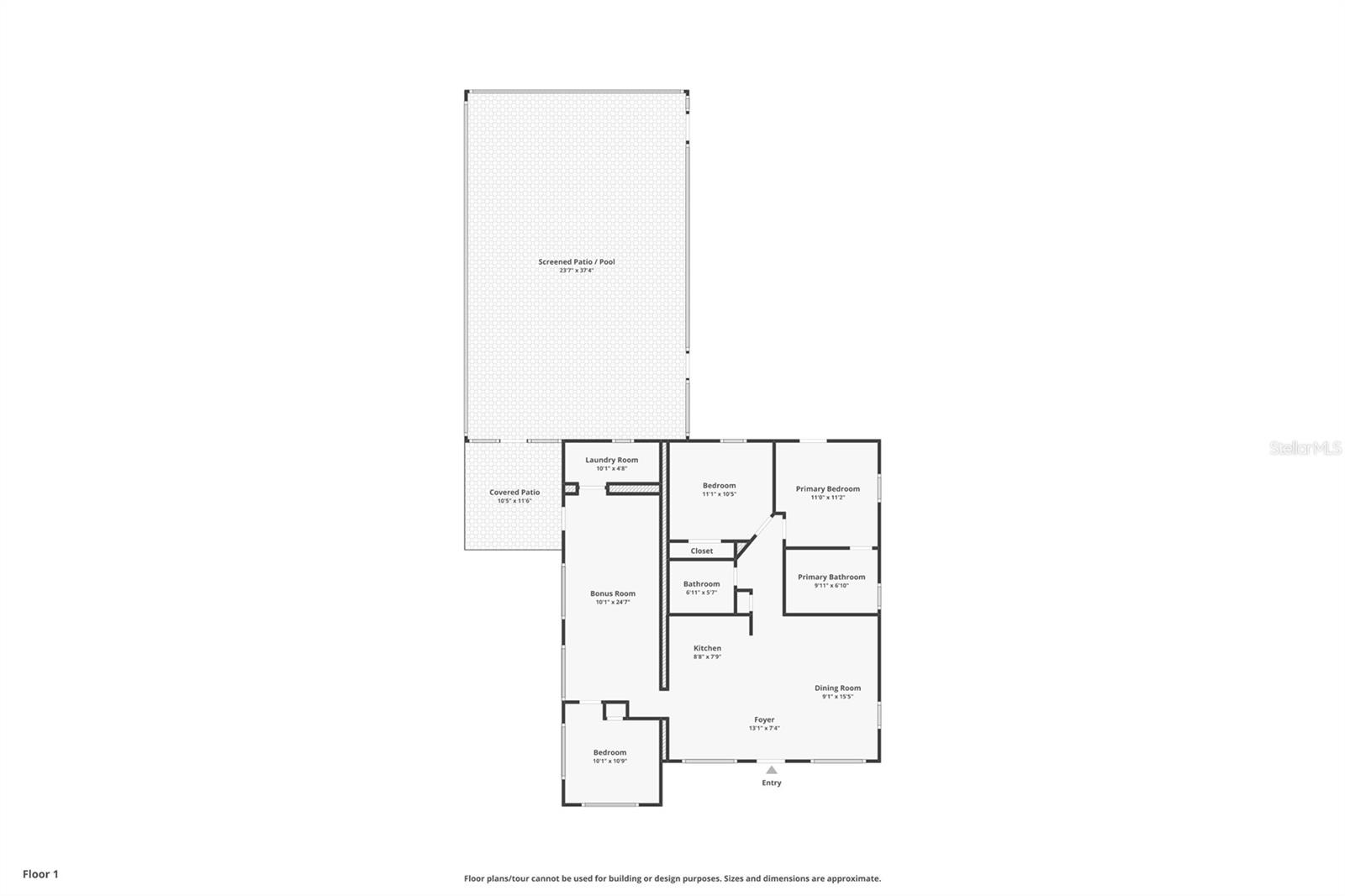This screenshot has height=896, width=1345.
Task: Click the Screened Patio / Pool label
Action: point(577,261)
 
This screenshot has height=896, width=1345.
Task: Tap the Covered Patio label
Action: point(514,493)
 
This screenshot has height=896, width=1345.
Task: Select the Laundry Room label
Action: point(611,460)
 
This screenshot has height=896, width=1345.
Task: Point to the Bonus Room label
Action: point(612,593)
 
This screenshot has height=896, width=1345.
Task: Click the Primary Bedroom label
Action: point(827,489)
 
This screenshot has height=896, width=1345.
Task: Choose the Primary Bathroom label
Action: point(831,577)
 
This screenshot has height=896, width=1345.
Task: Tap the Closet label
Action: point(701,551)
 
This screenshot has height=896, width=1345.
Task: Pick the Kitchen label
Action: point(707,648)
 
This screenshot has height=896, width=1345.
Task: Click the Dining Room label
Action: point(837,688)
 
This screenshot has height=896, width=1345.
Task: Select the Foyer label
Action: point(764,719)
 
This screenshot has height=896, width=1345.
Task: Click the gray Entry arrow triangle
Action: point(772,770)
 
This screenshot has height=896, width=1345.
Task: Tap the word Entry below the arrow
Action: point(772,783)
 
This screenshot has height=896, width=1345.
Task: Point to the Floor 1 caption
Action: point(40,874)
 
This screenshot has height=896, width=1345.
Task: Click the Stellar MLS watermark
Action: point(1305,448)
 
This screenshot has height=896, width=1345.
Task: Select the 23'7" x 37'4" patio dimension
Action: point(577,271)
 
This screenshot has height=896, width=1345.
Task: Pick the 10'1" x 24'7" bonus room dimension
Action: point(612,602)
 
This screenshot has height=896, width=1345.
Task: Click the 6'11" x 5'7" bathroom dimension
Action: point(701,593)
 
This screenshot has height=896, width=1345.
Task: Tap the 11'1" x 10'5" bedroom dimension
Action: point(719,494)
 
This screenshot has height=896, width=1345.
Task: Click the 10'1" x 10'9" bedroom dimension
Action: point(609,762)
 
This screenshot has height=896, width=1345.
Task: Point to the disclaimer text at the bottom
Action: point(672,878)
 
